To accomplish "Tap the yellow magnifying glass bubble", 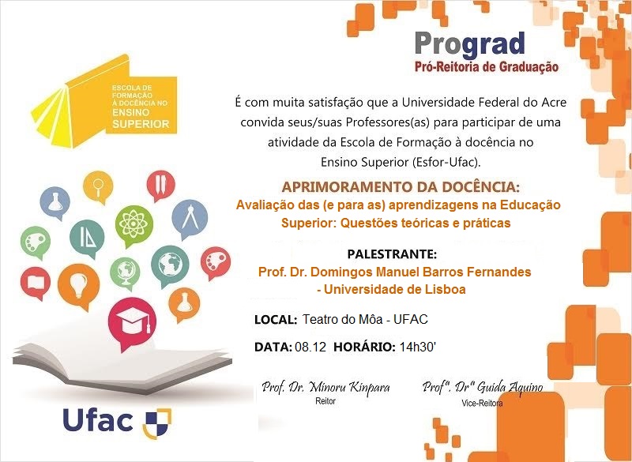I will (x=100, y=187).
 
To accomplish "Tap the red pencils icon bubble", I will (x=162, y=183).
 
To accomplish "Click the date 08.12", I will (x=309, y=347).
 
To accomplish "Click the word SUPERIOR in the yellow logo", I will (x=141, y=124).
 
